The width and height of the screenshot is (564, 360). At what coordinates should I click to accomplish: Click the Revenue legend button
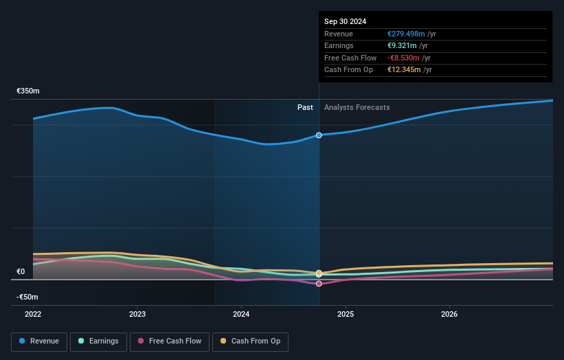pos(39,341)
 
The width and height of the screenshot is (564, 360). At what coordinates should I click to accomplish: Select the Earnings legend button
pos(98,341)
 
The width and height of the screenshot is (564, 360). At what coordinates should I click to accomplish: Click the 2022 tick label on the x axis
pos(33,314)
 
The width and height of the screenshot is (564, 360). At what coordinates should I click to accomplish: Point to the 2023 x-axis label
pos(137,314)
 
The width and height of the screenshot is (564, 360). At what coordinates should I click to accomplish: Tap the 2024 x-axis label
pos(241,314)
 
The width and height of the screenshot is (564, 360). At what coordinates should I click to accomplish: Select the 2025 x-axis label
pos(346,314)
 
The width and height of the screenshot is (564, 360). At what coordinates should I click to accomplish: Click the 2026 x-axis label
pos(449,314)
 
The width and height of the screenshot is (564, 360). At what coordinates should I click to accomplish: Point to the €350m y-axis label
pos(28,91)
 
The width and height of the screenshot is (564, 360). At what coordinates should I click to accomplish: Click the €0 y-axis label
pos(21,271)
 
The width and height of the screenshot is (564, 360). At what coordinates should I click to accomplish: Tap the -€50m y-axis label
pos(28,297)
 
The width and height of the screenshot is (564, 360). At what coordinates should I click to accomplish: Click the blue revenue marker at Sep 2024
pos(319,135)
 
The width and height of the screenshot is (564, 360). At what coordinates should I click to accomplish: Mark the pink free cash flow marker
pos(319,284)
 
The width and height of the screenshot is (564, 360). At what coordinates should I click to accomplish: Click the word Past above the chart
pos(305,107)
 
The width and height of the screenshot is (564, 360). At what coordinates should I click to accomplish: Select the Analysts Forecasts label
pos(357,107)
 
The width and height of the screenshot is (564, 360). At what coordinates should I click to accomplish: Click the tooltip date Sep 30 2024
pos(345,21)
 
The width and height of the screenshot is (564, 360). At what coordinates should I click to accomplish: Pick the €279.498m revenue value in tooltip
pos(406,34)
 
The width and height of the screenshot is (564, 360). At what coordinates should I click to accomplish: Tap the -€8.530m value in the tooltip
pos(403,58)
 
